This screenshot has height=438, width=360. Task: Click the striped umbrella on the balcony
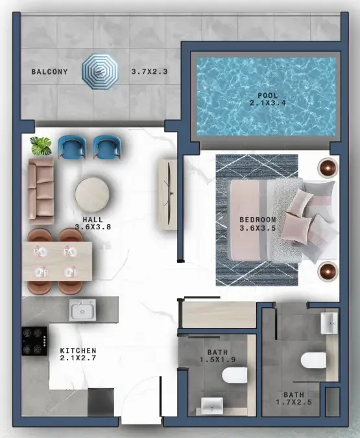tap(100, 72)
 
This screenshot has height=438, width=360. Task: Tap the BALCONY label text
tap(49, 72)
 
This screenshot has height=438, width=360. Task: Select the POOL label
tap(268, 96)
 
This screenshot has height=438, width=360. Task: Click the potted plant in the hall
tap(41, 146)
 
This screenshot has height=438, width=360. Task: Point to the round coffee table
tap(92, 194)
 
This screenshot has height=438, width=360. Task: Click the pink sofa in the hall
tap(41, 192)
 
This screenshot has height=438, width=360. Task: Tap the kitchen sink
tap(82, 310)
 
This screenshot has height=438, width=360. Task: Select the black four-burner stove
tap(34, 341)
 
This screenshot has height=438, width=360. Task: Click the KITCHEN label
tap(78, 351)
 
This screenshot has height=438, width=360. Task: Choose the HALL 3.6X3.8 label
tap(93, 223)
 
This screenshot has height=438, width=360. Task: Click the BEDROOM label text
tap(258, 220)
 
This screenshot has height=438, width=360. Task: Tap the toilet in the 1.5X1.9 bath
tap(235, 375)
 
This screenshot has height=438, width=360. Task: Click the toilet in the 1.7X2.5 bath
tap(313, 361)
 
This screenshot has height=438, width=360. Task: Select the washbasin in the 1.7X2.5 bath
tap(330, 323)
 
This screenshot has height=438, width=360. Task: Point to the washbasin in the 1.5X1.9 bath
tap(212, 406)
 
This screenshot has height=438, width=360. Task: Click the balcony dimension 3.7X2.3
tap(150, 72)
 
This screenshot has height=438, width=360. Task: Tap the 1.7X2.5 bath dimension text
tap(294, 402)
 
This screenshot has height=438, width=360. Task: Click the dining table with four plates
tap(57, 262)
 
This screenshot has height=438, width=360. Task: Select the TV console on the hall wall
tap(168, 194)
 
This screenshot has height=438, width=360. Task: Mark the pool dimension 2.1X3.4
tap(268, 103)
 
